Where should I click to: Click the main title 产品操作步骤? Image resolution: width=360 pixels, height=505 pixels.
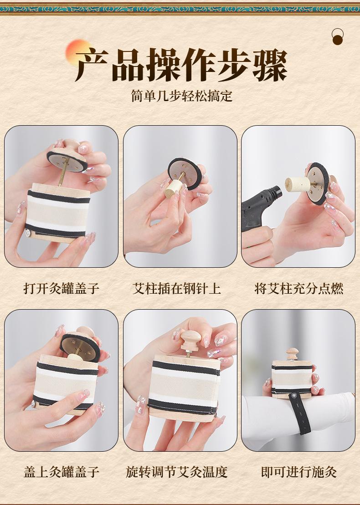click(181, 65)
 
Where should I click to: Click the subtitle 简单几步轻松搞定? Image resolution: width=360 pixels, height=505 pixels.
click(182, 96)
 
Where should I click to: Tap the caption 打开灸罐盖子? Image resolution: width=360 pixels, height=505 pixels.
click(61, 288)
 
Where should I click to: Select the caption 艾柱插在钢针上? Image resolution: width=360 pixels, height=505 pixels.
click(177, 288)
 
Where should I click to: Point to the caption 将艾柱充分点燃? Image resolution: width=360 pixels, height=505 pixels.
click(299, 288)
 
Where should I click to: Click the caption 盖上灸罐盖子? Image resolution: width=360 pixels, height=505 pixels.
click(61, 472)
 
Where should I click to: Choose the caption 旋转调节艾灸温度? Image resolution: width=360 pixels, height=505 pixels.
click(177, 472)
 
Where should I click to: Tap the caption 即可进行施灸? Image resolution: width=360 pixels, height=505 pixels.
click(299, 472)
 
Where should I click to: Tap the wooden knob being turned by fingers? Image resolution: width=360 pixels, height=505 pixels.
click(190, 341)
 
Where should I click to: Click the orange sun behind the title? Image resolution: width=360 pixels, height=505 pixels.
click(77, 51)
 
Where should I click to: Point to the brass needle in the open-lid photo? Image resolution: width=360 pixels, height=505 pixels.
click(63, 172)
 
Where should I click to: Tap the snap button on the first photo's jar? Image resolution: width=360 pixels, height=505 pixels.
click(28, 233)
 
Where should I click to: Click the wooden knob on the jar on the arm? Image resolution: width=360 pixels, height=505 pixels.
click(292, 354)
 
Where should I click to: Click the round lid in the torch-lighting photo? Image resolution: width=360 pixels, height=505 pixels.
click(318, 184)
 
